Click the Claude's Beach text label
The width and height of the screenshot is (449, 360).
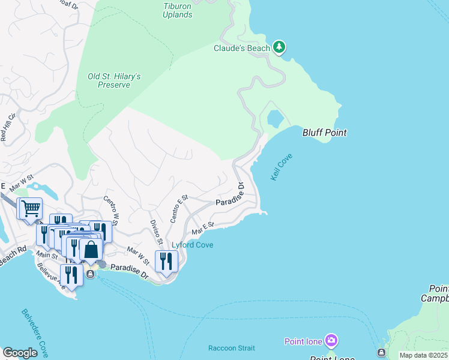click(x=241, y=48)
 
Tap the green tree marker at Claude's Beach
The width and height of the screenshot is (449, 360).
click(x=279, y=47)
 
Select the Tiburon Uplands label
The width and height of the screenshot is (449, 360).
click(x=177, y=10)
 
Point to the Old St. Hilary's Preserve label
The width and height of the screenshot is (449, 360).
click(x=114, y=80)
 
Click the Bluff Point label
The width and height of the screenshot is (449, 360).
click(x=324, y=133)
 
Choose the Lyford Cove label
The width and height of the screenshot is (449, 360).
click(x=192, y=245)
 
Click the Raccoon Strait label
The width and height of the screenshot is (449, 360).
click(x=231, y=348)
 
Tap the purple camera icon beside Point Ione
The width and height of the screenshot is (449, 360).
click(x=331, y=341)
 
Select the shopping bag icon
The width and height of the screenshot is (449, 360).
click(x=91, y=250)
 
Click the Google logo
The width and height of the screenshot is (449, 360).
click(x=20, y=353)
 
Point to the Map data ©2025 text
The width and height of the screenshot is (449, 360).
click(x=423, y=355)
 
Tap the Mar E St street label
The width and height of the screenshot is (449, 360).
click(x=203, y=228)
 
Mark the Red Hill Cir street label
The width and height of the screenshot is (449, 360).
click(x=8, y=127)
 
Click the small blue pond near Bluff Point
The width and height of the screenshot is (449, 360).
click(x=274, y=118)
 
